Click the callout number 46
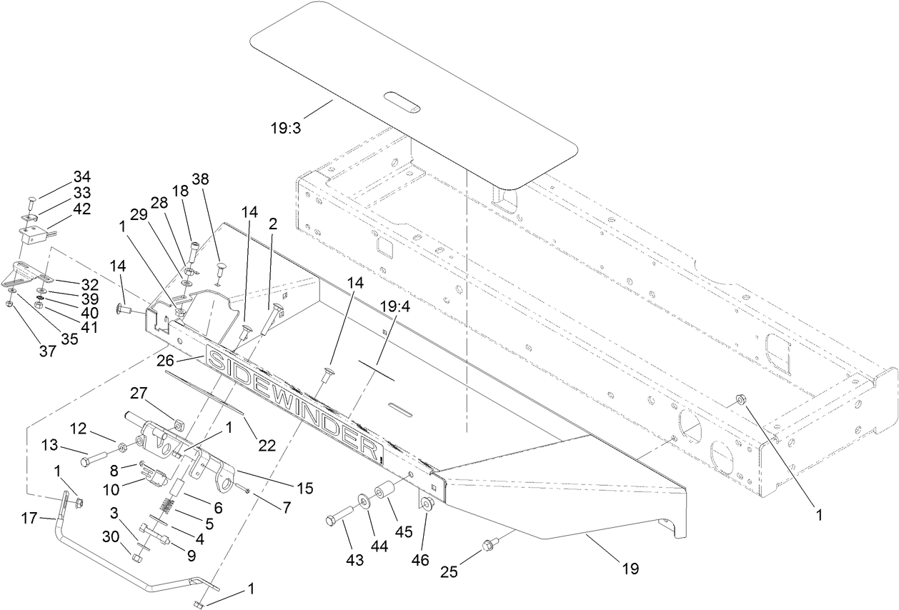420,559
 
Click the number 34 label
82,176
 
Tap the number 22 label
267,445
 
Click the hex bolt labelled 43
342,517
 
